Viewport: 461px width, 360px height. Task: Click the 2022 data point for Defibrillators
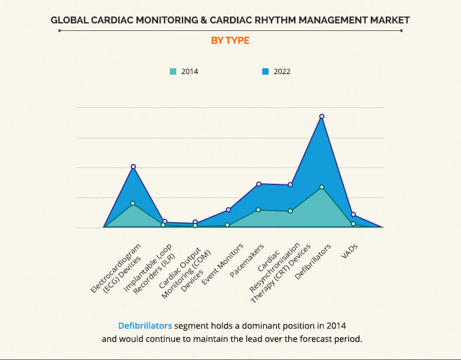[x=322, y=116]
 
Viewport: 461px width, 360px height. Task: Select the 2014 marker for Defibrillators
[x=322, y=187]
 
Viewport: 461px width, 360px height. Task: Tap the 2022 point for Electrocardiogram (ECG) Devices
[x=133, y=166]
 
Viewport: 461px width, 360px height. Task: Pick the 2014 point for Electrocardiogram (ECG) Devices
[x=133, y=203]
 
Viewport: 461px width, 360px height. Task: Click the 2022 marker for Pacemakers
[x=259, y=184]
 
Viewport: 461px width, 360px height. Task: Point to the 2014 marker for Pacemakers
[x=259, y=209]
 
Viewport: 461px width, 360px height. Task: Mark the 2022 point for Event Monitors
[x=228, y=209]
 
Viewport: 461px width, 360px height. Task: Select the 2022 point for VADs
[x=353, y=215]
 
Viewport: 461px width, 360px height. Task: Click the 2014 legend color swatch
[x=173, y=72]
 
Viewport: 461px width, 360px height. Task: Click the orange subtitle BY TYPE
[x=230, y=40]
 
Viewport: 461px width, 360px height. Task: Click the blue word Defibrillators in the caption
[x=145, y=325]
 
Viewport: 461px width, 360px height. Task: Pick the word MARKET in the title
[x=390, y=20]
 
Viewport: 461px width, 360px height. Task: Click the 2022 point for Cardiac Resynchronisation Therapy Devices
[x=290, y=184]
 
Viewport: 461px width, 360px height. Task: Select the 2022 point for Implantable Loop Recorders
[x=165, y=221]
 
